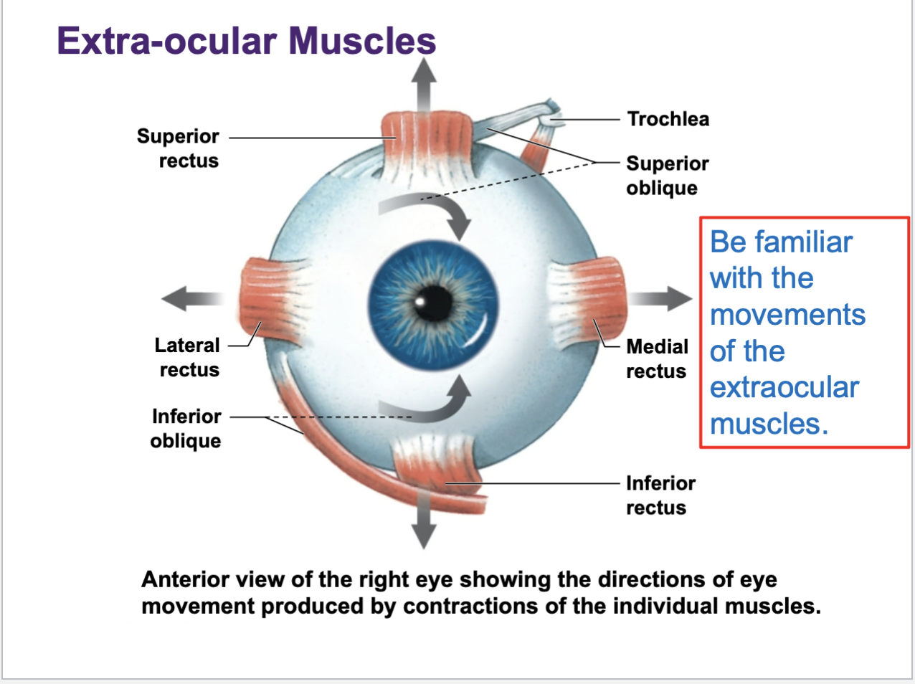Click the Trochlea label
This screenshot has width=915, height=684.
[668, 119]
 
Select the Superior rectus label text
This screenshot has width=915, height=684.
[179, 148]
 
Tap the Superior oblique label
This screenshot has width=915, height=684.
[667, 176]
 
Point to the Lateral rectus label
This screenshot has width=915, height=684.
[188, 357]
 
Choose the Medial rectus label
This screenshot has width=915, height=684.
[657, 358]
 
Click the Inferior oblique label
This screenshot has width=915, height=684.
[186, 428]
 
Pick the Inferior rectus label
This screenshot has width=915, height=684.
[660, 495]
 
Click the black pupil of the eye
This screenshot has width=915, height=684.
[433, 303]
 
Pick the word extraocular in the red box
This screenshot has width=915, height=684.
[784, 387]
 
